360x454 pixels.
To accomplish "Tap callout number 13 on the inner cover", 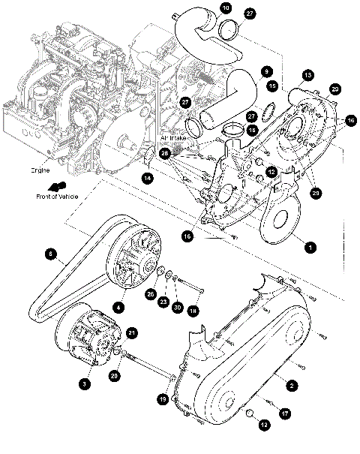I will point(307,75).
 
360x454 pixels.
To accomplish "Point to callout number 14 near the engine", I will point(147,178).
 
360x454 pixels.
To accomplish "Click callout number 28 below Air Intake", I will point(165,152).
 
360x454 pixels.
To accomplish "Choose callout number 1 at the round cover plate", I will point(307,244).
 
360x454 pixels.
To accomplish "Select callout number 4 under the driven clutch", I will point(118,306).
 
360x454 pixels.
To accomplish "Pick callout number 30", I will point(177,307).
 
